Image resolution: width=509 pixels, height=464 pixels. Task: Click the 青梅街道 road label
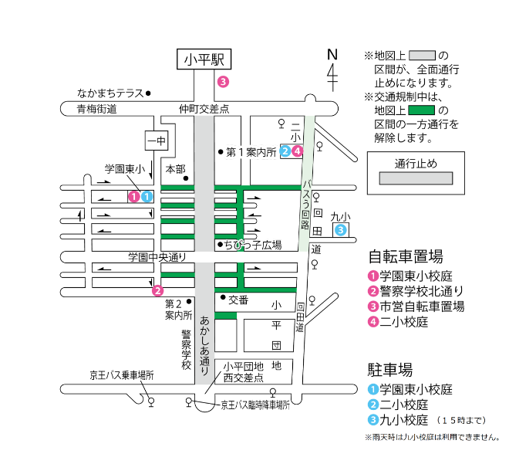coord(96,110)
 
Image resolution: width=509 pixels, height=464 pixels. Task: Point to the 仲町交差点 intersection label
coord(204,110)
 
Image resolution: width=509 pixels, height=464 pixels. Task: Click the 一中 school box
coord(157,141)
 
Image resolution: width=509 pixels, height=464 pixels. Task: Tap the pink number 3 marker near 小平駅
coord(223,81)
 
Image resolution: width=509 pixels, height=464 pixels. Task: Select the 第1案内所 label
coord(251,152)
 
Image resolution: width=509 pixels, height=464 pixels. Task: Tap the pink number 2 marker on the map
coord(157,290)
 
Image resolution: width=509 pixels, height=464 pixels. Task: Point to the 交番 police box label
coord(238,300)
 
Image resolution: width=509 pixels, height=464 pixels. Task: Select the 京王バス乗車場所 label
coord(121,375)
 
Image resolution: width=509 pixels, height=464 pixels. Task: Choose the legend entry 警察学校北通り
coord(420,291)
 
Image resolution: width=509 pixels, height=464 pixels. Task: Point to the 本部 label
coord(176,168)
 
